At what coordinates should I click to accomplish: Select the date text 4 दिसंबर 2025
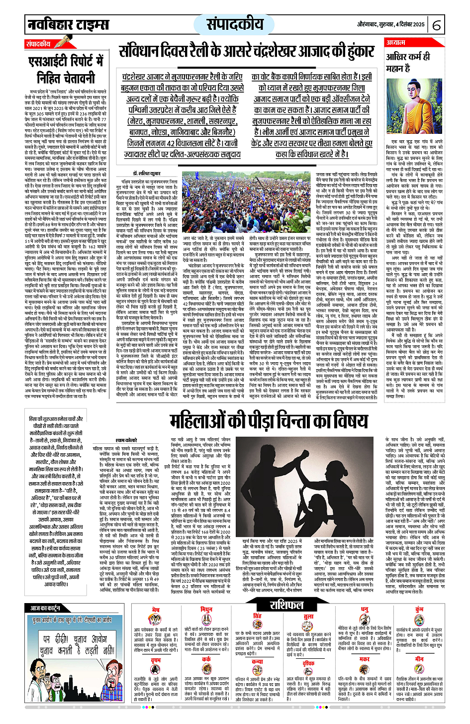[x=403, y=24]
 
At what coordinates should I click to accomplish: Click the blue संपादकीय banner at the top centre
[x=235, y=24]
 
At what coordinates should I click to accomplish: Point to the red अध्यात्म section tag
[x=396, y=43]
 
